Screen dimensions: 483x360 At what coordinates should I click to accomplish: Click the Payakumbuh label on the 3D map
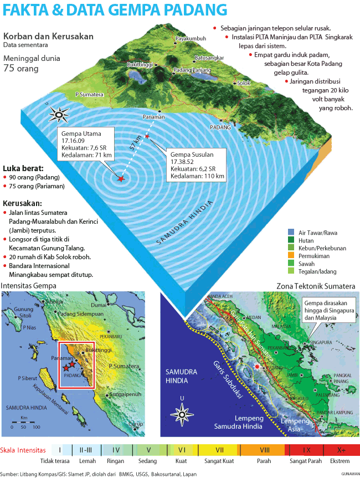pyautogui.click(x=191, y=39)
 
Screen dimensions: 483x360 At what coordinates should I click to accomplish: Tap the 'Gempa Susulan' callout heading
pyautogui.click(x=191, y=153)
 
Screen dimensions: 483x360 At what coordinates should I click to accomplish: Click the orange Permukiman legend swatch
pyautogui.click(x=291, y=256)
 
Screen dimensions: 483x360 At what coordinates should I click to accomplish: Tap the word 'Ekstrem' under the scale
pyautogui.click(x=340, y=461)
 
